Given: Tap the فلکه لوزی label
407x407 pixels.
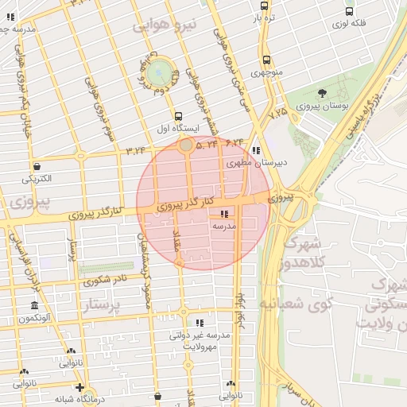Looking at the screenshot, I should [350, 24].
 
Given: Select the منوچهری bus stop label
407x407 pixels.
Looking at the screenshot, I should [267, 72].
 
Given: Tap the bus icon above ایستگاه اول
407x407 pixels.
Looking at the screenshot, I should [178, 115].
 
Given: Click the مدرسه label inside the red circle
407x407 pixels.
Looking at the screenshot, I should [223, 226].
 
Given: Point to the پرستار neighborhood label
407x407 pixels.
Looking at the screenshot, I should [104, 305].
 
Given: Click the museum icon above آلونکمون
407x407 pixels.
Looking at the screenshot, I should [34, 306].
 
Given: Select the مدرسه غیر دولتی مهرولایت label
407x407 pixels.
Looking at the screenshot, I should [200, 340].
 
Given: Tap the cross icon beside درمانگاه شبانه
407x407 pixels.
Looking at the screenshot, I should [79, 387].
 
